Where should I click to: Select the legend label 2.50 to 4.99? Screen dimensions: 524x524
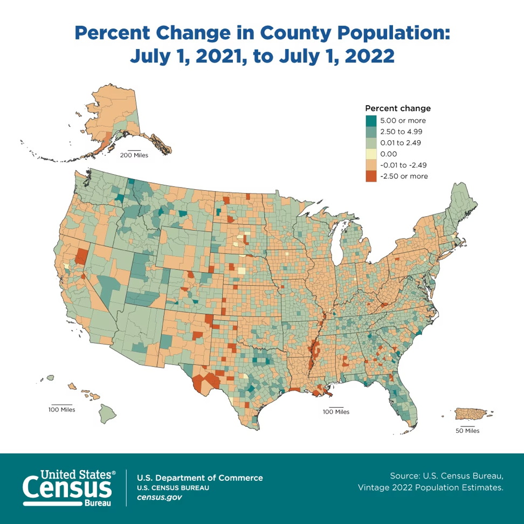click(401, 131)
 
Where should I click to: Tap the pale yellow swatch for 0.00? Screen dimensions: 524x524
click(370, 154)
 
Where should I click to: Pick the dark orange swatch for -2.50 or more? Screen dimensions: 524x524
click(370, 176)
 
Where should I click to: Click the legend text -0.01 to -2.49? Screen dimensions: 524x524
click(403, 165)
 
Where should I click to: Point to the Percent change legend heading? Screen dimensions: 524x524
click(398, 108)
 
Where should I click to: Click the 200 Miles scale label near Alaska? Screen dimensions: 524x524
click(134, 155)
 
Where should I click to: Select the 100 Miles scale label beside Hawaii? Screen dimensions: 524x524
click(61, 410)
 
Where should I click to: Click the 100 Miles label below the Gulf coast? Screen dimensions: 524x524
click(336, 412)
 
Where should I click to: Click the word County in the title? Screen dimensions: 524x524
click(296, 33)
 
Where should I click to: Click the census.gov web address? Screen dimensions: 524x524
click(159, 497)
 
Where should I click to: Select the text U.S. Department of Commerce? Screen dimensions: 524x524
click(200, 478)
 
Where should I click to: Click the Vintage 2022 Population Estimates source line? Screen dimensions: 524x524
click(431, 487)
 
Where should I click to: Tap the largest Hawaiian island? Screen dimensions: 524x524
click(107, 414)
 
